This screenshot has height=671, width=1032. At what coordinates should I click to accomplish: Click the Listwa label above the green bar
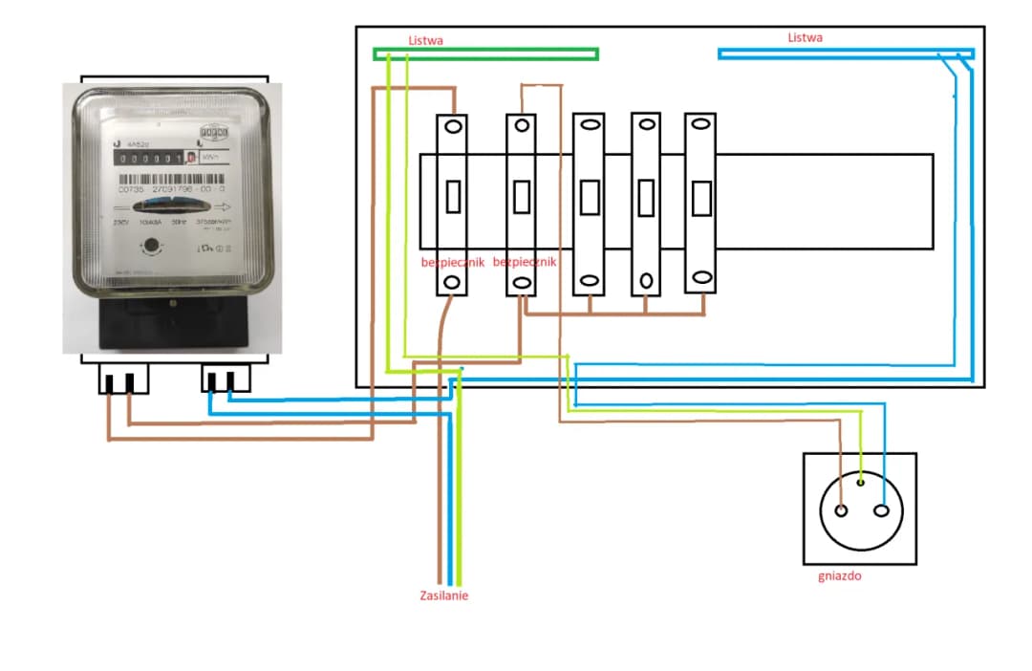point(425,40)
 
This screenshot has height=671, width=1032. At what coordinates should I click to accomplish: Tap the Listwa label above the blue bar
point(805,37)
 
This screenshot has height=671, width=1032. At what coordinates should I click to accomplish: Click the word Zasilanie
point(444,595)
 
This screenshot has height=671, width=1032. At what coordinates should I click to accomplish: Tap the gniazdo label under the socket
point(840,576)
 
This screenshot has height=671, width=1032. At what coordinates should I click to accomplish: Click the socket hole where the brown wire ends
point(841,509)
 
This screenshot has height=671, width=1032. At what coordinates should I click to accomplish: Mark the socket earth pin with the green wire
point(862,482)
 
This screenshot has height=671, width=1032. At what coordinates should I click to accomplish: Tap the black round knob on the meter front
point(149,247)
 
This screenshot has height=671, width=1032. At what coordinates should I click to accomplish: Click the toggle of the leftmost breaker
point(452,197)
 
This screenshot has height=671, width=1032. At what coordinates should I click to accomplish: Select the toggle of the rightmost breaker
point(701,197)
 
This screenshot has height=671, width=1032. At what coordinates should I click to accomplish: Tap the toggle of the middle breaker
point(589,197)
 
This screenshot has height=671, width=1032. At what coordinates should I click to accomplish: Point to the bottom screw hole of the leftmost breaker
point(452,283)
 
